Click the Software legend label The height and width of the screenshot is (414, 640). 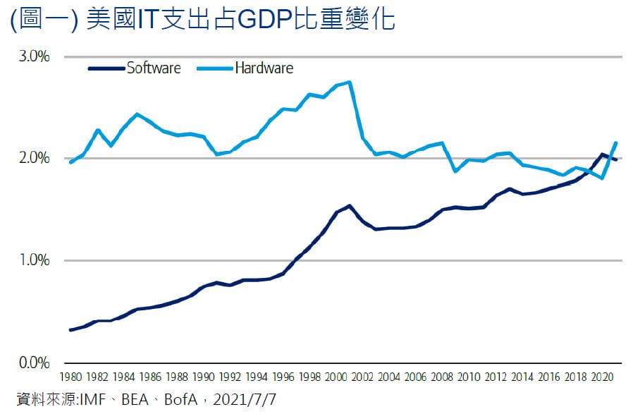point(154,68)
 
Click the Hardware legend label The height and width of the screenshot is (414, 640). point(264,68)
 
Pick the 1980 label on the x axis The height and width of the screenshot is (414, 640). point(70,377)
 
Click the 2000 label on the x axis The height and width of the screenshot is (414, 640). point(337,377)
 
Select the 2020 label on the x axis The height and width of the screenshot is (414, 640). point(603,377)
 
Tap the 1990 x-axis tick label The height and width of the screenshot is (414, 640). point(204,377)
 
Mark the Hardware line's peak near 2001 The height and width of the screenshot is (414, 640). point(350,82)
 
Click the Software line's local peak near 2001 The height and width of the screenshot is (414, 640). point(350,206)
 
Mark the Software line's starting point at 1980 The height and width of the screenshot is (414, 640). point(70,330)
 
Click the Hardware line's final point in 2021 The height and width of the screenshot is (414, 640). point(616,143)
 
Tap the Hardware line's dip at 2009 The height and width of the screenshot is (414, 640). point(456,171)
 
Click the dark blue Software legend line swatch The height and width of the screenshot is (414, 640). point(106,68)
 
